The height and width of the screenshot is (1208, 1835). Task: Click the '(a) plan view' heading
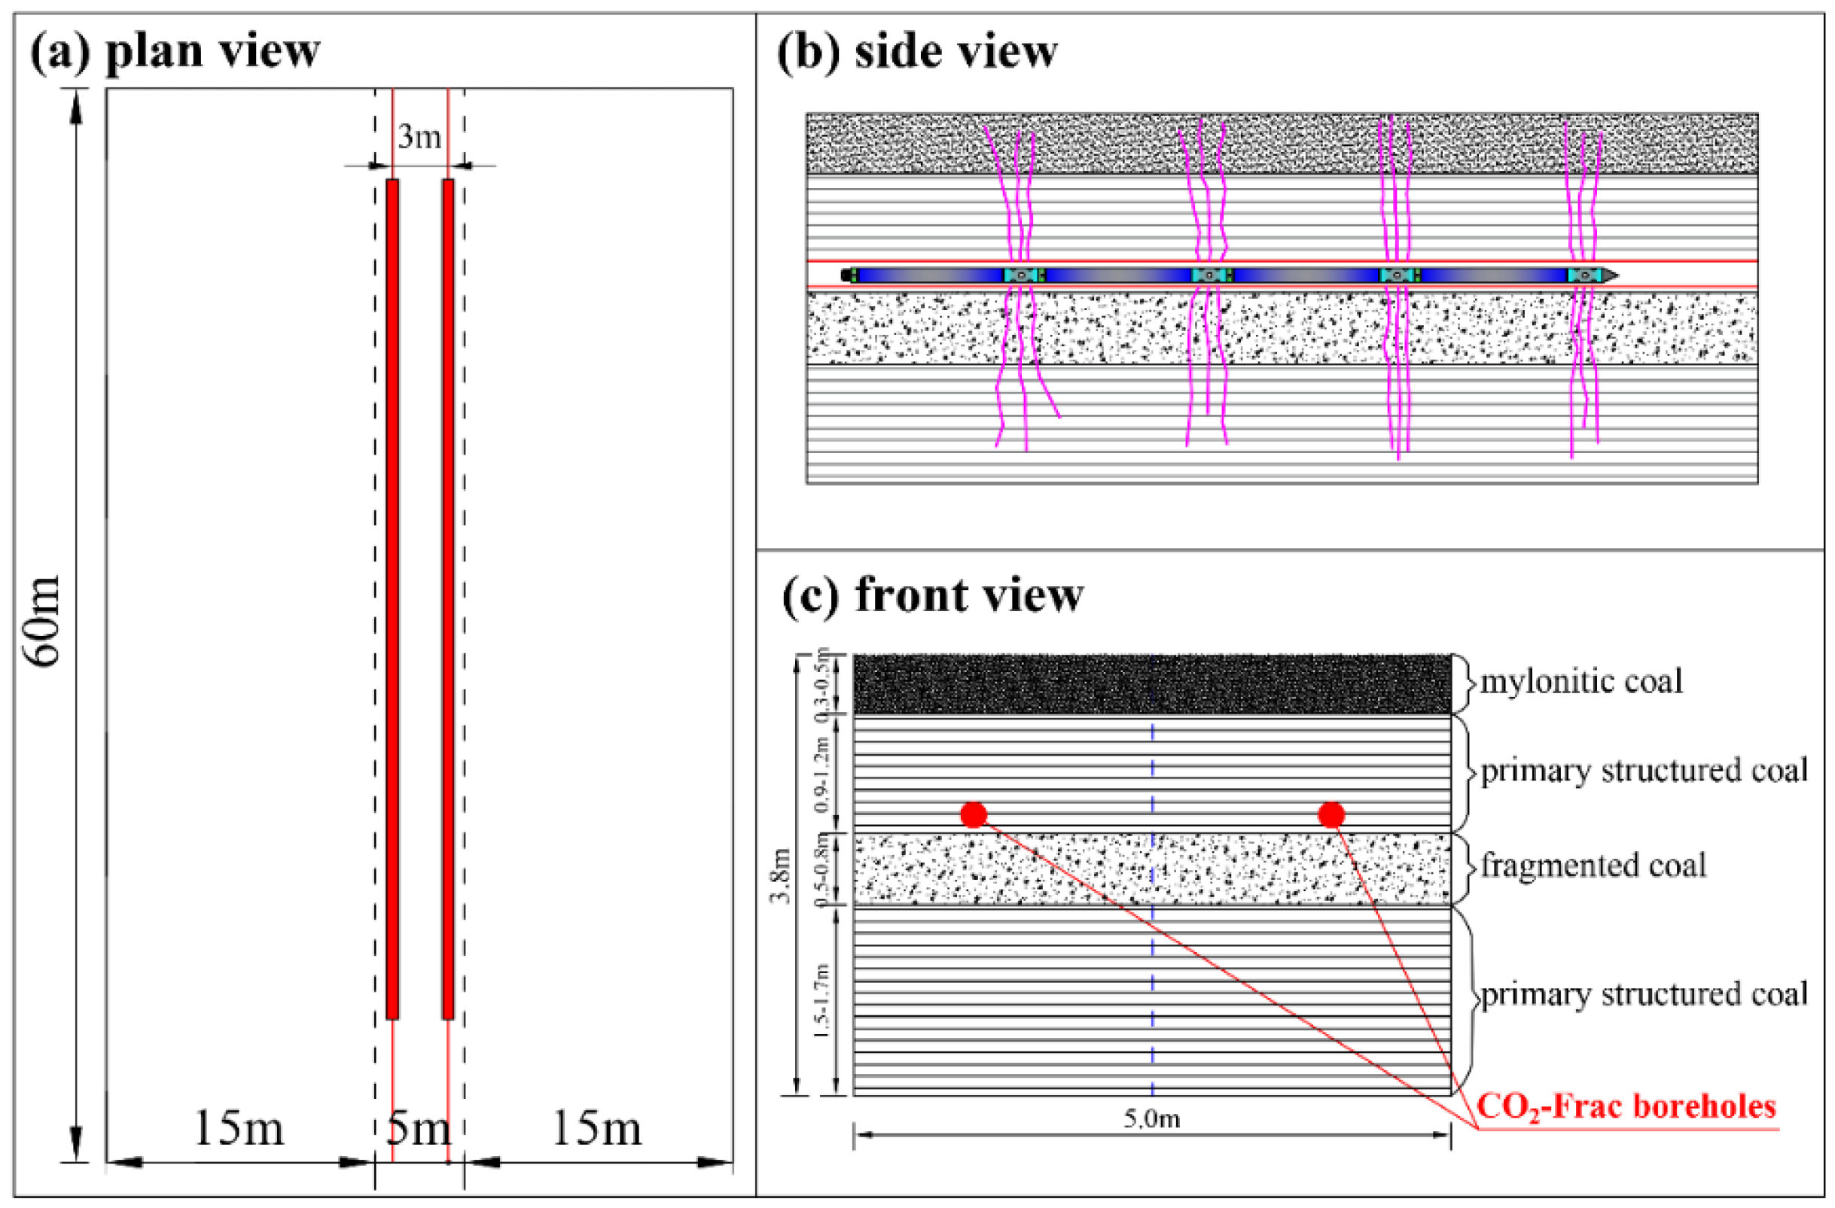coord(174,51)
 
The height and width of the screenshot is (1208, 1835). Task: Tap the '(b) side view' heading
coord(916,52)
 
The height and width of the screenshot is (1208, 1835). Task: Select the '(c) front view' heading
coord(932,595)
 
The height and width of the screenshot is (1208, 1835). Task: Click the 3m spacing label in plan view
coord(419,136)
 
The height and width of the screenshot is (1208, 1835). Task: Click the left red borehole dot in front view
coord(974,815)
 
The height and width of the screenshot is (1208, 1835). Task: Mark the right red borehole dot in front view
coord(1331,815)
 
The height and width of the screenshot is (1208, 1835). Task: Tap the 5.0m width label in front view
coord(1152,1118)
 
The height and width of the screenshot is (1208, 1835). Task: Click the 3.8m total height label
coord(782,875)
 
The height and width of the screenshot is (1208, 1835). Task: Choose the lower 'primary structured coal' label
coord(1644,994)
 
